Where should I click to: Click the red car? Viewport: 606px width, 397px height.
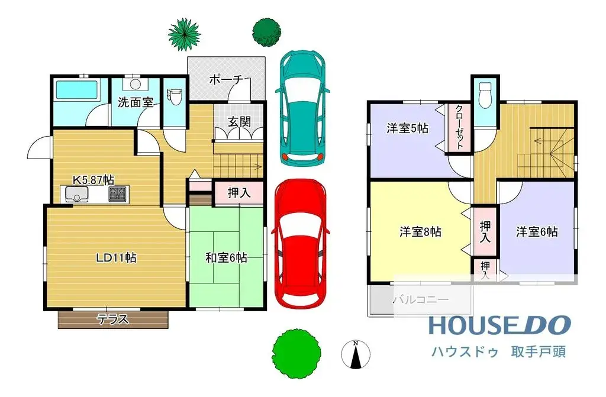click(300, 243)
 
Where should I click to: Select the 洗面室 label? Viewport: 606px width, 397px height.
click(136, 102)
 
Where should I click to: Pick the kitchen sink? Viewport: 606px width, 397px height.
click(75, 194)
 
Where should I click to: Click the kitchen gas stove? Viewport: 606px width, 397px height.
click(118, 193)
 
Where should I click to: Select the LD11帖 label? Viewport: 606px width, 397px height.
click(117, 257)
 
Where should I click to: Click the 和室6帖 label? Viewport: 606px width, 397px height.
click(226, 257)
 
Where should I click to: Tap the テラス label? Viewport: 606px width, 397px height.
click(112, 319)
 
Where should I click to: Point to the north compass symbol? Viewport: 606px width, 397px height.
click(356, 354)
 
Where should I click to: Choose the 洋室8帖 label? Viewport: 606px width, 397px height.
click(420, 232)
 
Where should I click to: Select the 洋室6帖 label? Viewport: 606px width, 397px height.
click(536, 232)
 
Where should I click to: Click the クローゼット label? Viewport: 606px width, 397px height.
click(459, 128)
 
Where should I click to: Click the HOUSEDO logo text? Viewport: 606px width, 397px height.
click(499, 325)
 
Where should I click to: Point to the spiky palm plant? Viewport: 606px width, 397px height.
click(183, 34)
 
